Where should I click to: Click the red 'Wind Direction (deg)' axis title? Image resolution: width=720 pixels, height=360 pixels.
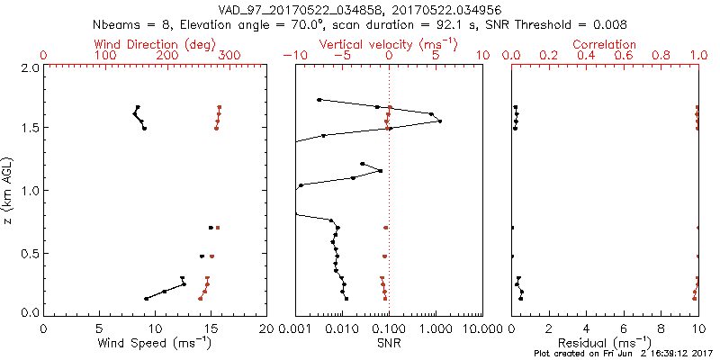(x=155, y=44)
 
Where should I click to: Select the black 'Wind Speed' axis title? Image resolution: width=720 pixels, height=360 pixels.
(x=155, y=343)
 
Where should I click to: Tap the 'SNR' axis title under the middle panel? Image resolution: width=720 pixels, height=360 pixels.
(x=388, y=343)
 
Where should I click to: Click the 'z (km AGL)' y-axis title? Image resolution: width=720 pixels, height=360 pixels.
(x=10, y=189)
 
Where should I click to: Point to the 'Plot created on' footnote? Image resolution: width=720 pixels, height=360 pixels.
(x=622, y=354)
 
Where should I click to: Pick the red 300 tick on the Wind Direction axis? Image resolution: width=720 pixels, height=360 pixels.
(x=229, y=56)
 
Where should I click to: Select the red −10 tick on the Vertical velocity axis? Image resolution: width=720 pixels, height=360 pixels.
(x=292, y=56)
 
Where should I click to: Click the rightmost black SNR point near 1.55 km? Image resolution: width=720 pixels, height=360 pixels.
(x=439, y=121)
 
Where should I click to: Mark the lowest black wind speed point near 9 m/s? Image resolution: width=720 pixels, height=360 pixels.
(x=147, y=299)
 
